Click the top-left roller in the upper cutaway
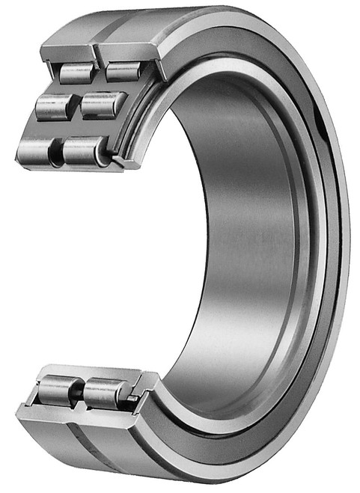click(77, 73)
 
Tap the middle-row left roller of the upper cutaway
click(52, 106)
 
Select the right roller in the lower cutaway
click(105, 392)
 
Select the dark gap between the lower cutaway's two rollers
click(78, 391)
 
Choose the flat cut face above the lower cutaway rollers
click(90, 372)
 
